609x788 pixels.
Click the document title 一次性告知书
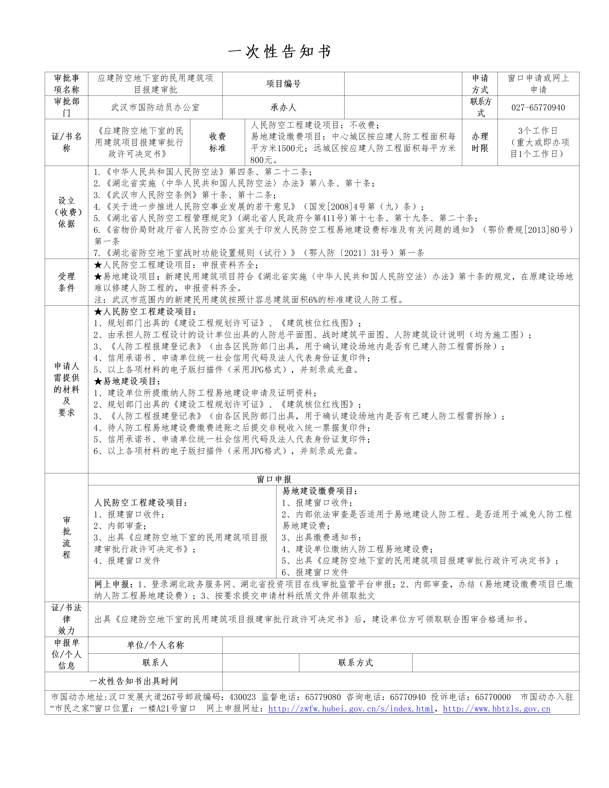point(280,51)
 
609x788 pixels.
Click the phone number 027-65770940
point(538,107)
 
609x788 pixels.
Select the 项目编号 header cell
point(283,84)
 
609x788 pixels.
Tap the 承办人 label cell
point(283,107)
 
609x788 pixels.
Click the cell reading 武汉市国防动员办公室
point(155,107)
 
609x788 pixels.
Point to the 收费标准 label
point(217,142)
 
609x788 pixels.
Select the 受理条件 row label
point(66,282)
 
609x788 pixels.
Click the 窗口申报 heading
point(274,479)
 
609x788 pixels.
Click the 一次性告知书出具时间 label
point(134,681)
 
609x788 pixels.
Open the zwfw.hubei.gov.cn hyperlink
point(351,709)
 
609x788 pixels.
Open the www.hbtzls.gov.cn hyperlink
point(497,709)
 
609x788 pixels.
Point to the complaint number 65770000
point(493,697)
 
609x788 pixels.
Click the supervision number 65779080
point(323,697)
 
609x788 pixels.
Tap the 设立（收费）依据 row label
point(66,212)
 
